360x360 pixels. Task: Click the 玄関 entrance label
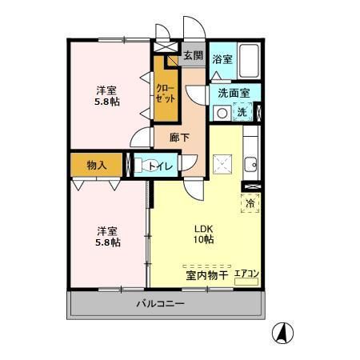pos(192,56)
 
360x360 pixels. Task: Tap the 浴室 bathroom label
pos(222,59)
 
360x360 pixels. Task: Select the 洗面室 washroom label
pos(234,92)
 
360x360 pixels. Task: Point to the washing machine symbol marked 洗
pos(242,113)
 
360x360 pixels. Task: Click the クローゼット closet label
pos(165,93)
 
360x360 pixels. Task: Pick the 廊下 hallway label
pos(181,138)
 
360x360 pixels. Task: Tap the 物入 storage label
pos(96,165)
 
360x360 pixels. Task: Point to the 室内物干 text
pos(206,275)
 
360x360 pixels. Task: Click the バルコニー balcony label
pos(160,305)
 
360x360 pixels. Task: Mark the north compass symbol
pos(284,330)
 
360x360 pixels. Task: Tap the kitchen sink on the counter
pos(251,164)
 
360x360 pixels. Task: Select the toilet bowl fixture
pos(143,166)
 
